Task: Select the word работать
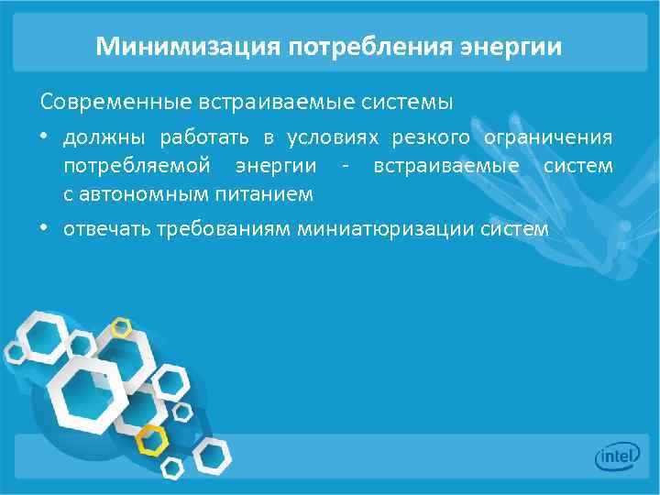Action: point(205,137)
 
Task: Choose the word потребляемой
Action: point(124,166)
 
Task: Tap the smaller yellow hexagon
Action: point(121,326)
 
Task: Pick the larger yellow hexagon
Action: point(153,440)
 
